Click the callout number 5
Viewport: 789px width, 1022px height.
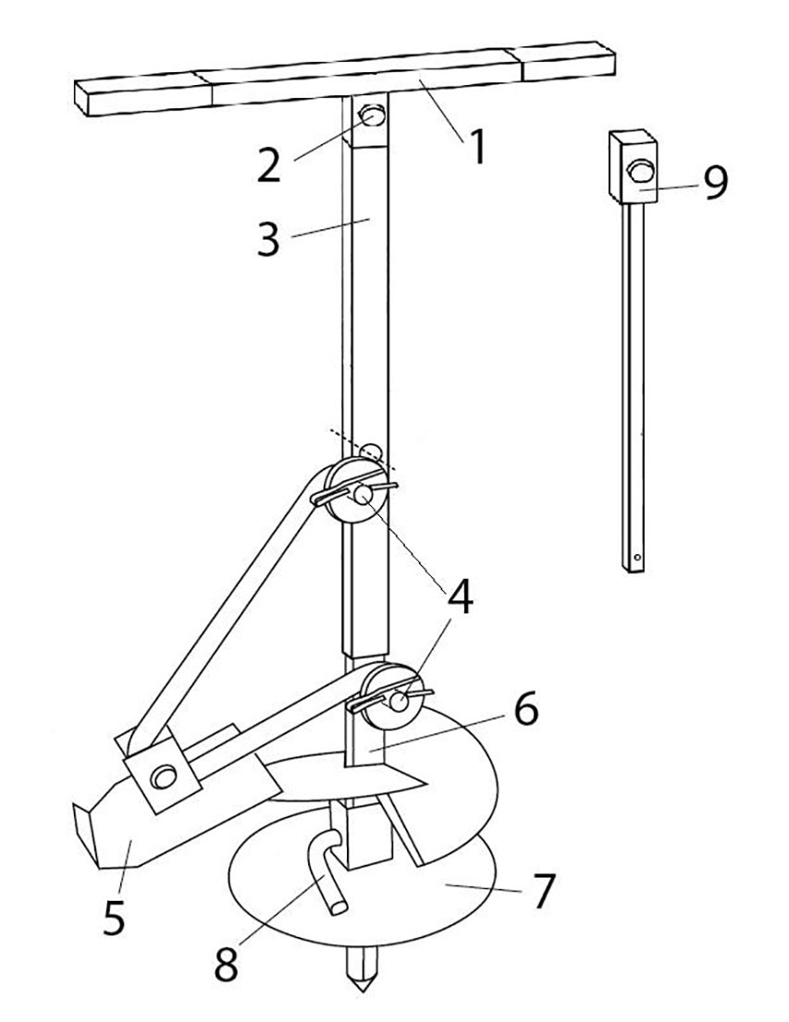[114, 916]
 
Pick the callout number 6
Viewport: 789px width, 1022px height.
[525, 708]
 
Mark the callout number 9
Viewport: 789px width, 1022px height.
[714, 182]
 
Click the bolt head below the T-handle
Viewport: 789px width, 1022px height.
[373, 116]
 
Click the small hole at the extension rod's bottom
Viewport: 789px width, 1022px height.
[637, 557]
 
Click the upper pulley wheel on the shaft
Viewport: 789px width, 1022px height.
[355, 490]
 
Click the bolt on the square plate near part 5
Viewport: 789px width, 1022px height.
[163, 776]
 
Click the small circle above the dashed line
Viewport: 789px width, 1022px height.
[372, 450]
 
